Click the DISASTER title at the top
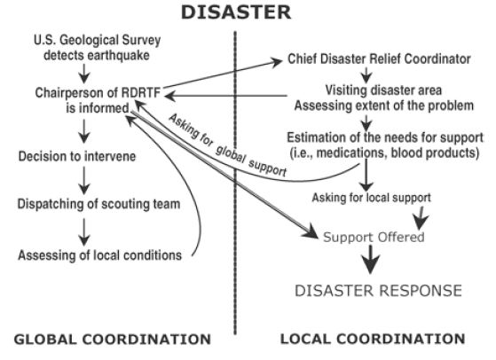tap(236, 12)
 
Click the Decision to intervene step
tap(77, 156)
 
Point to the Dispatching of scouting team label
tap(98, 204)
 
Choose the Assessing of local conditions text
tap(100, 255)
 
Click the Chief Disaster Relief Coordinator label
tap(379, 59)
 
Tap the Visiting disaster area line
tap(383, 90)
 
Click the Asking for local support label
tap(372, 198)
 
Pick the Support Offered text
tap(374, 237)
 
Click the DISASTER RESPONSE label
tap(378, 291)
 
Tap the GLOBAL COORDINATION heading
tap(113, 339)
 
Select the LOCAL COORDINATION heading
tap(373, 339)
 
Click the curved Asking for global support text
tap(227, 146)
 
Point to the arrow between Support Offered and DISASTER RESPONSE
tap(370, 259)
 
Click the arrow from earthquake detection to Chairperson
tap(84, 74)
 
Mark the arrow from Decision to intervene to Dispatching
tap(84, 181)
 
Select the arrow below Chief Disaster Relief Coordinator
tap(366, 75)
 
